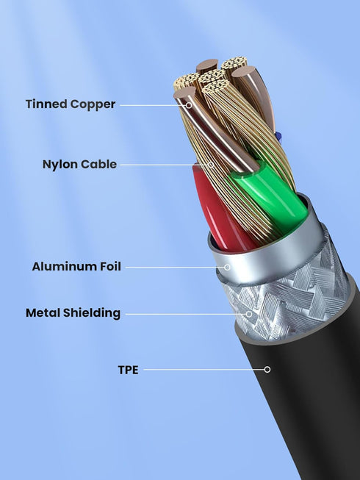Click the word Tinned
[46, 104]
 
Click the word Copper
[93, 105]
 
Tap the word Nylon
[59, 165]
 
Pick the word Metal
[43, 313]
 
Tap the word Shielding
[91, 314]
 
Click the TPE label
[128, 370]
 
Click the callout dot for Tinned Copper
[189, 105]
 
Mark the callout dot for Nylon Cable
[211, 165]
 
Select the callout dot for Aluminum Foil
[227, 268]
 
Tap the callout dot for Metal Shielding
[249, 314]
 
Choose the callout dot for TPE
[267, 370]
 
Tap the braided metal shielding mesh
[287, 300]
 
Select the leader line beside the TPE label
[204, 370]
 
